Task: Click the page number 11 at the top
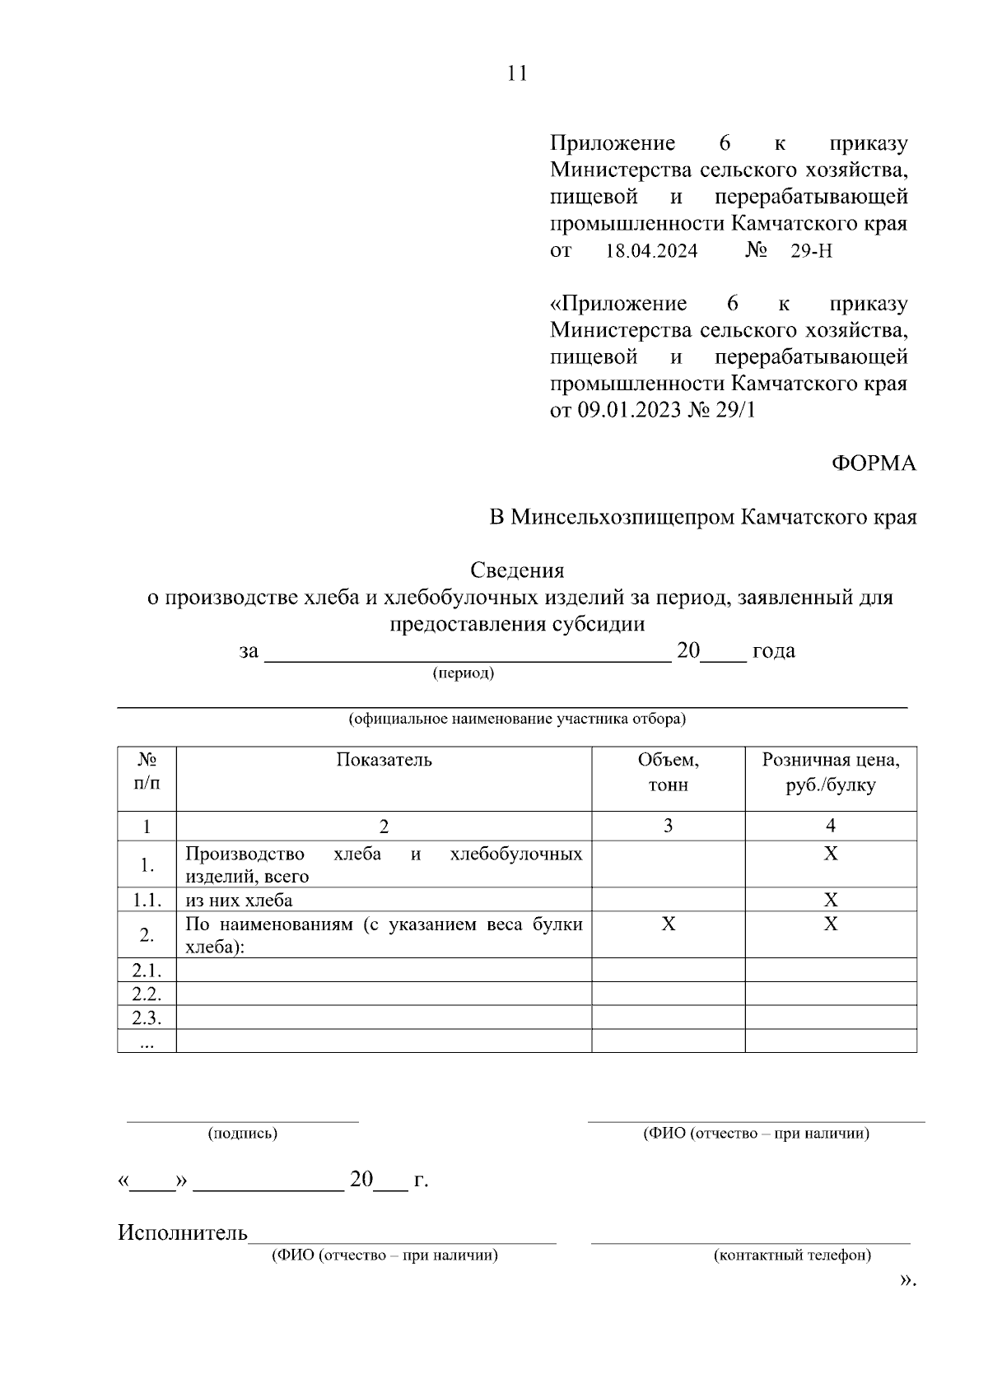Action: pos(516,74)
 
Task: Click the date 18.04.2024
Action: pos(651,252)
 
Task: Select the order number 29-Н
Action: pos(811,252)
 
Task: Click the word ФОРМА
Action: pos(873,463)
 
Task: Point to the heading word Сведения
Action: pos(517,570)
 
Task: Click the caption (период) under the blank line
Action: pos(464,673)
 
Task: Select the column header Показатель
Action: pos(384,760)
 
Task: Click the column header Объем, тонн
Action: pos(668,772)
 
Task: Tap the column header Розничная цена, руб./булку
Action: pos(830,772)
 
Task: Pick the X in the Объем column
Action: pos(668,924)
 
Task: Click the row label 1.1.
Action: pos(147,900)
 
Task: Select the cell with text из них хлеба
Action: pos(239,900)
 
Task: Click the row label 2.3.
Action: pos(147,1017)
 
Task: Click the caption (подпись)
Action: pos(242,1134)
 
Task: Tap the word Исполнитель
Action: pos(183,1232)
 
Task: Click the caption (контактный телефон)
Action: pos(792,1255)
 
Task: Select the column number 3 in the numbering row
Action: pos(668,826)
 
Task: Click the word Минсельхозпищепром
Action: pos(623,518)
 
